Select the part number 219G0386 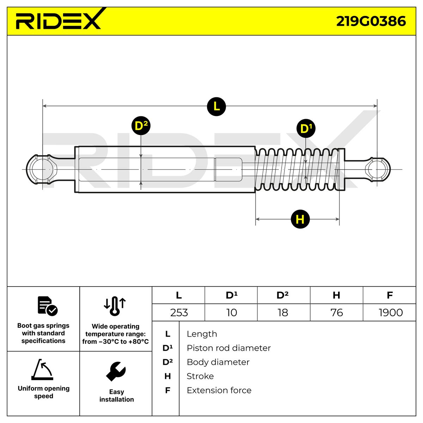click(x=370, y=21)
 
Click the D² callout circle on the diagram click(x=141, y=126)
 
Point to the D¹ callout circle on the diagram click(x=306, y=128)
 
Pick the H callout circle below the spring click(x=300, y=219)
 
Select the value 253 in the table click(x=179, y=313)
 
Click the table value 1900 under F click(x=390, y=313)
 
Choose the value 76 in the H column click(x=337, y=313)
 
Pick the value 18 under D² click(x=283, y=313)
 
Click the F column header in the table click(x=390, y=295)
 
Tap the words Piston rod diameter click(x=228, y=348)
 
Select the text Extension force click(x=219, y=390)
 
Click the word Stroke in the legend click(x=200, y=376)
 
